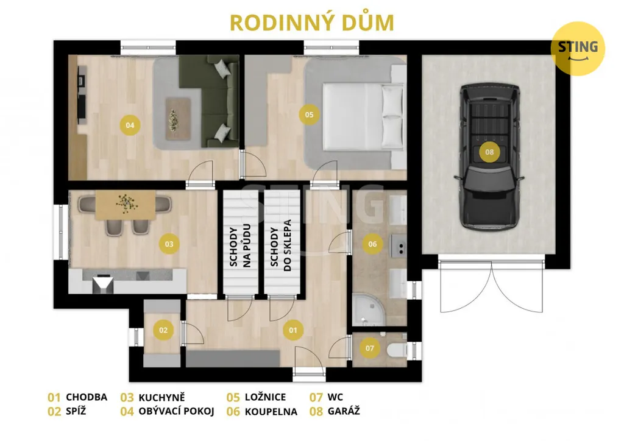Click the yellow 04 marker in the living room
pyautogui.click(x=130, y=125)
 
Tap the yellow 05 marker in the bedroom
pyautogui.click(x=309, y=115)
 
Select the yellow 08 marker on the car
pyautogui.click(x=489, y=152)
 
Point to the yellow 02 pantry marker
pyautogui.click(x=163, y=330)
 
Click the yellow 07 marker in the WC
pyautogui.click(x=370, y=348)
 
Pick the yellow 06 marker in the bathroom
pyautogui.click(x=372, y=244)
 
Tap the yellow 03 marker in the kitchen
pyautogui.click(x=169, y=244)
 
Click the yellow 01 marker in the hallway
pyautogui.click(x=293, y=330)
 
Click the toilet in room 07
pyautogui.click(x=397, y=350)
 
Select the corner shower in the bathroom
pyautogui.click(x=368, y=309)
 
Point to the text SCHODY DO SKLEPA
pyautogui.click(x=281, y=245)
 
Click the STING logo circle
pyautogui.click(x=578, y=49)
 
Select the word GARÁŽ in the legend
pyautogui.click(x=344, y=411)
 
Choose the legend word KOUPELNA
pyautogui.click(x=271, y=412)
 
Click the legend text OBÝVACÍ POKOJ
pyautogui.click(x=176, y=411)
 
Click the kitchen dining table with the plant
pyautogui.click(x=126, y=205)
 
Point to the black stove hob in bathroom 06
pyautogui.click(x=399, y=245)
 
